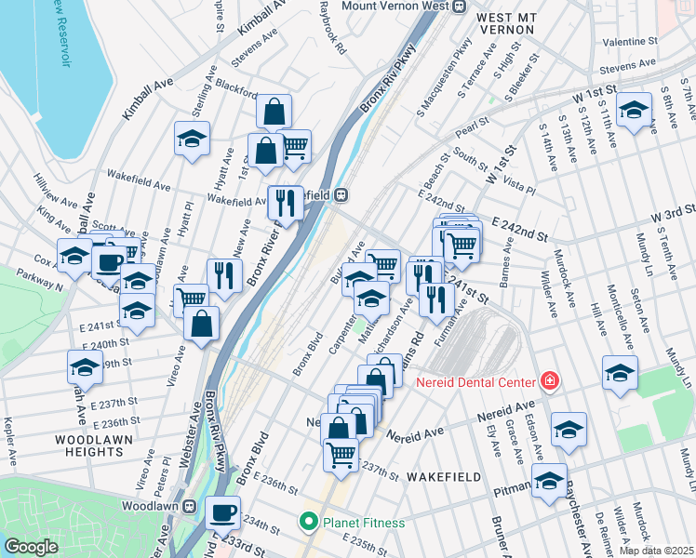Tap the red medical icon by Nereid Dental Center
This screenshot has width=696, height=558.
(x=549, y=381)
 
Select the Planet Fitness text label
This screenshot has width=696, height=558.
(x=364, y=523)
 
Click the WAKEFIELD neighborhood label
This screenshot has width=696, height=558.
(x=443, y=477)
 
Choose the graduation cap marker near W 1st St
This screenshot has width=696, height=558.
(x=634, y=111)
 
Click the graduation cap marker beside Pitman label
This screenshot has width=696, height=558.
(x=550, y=481)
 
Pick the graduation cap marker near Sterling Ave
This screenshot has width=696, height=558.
(x=192, y=139)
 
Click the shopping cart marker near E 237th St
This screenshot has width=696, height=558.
(x=341, y=455)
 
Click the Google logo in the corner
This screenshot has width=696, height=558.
(x=32, y=547)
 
